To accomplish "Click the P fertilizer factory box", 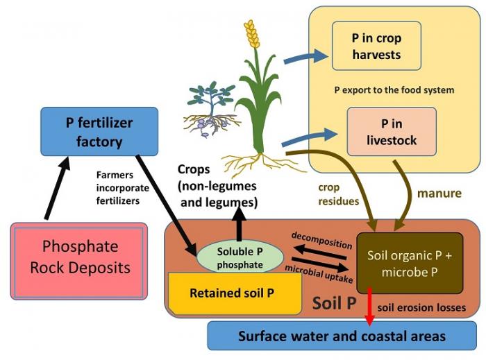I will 99,131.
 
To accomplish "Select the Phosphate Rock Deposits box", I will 79,256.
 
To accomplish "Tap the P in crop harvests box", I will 376,46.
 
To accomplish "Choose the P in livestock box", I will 392,132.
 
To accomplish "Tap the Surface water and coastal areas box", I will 342,336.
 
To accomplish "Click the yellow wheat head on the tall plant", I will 251,34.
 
